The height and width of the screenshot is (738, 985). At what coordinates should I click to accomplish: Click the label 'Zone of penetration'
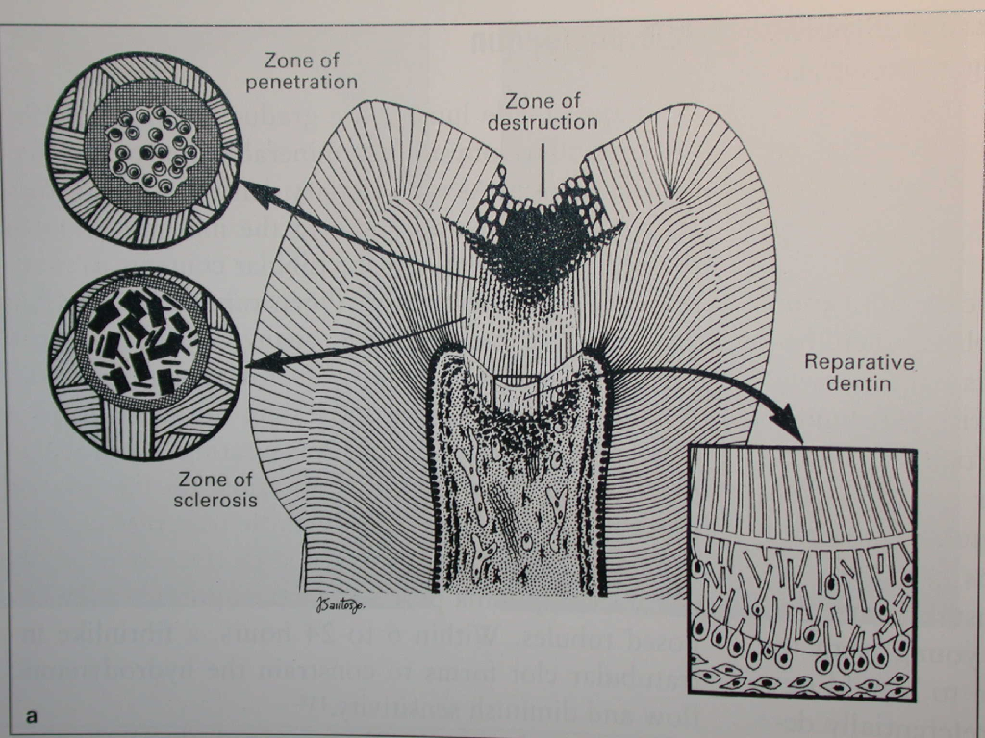click(301, 70)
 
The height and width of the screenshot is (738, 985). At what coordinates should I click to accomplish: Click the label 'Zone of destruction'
click(542, 111)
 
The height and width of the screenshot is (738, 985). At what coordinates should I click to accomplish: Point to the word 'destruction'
click(542, 122)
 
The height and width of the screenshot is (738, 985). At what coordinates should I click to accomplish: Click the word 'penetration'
click(301, 82)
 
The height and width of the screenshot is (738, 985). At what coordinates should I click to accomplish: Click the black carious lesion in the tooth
click(535, 235)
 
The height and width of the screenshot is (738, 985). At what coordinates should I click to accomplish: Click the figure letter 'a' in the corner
click(33, 716)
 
